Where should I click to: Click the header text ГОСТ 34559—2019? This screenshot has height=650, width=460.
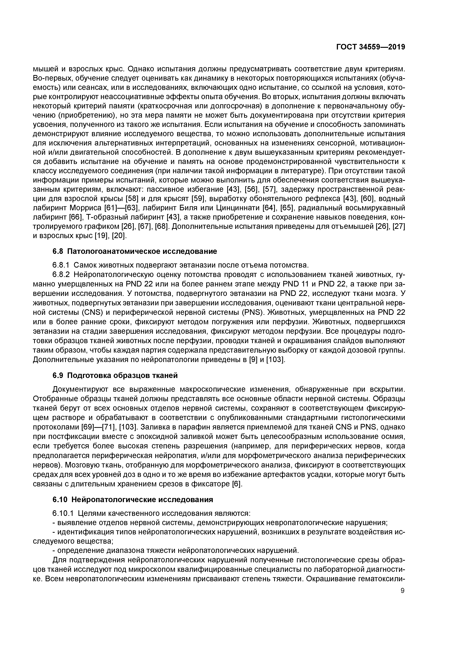[x=370, y=47]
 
